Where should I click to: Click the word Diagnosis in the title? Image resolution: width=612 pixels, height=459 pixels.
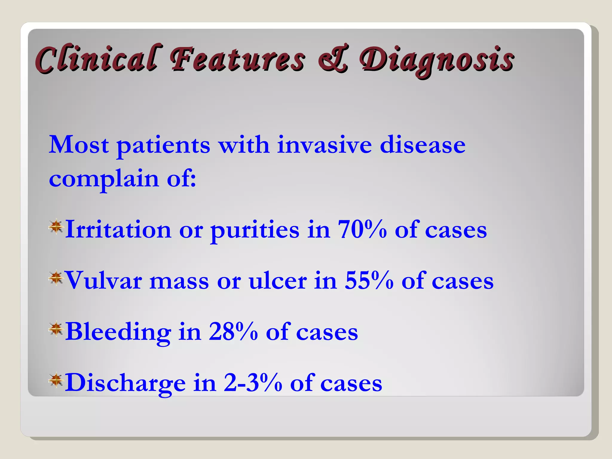pyautogui.click(x=437, y=60)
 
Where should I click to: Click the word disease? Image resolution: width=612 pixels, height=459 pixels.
pyautogui.click(x=423, y=145)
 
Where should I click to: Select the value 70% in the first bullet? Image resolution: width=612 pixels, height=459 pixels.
pyautogui.click(x=362, y=229)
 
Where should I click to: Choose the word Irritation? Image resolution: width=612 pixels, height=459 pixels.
pyautogui.click(x=118, y=229)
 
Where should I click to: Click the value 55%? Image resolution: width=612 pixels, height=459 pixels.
pyautogui.click(x=369, y=281)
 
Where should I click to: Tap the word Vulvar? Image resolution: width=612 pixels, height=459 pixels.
pyautogui.click(x=103, y=281)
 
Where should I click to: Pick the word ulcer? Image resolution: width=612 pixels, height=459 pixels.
pyautogui.click(x=278, y=281)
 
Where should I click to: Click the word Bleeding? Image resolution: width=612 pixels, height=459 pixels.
pyautogui.click(x=118, y=332)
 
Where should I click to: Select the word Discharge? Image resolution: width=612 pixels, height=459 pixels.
pyautogui.click(x=125, y=383)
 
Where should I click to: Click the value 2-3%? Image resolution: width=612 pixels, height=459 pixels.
pyautogui.click(x=253, y=383)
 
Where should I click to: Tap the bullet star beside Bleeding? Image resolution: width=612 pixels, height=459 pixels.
pyautogui.click(x=56, y=329)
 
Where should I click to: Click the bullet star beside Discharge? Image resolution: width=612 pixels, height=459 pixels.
pyautogui.click(x=56, y=380)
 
